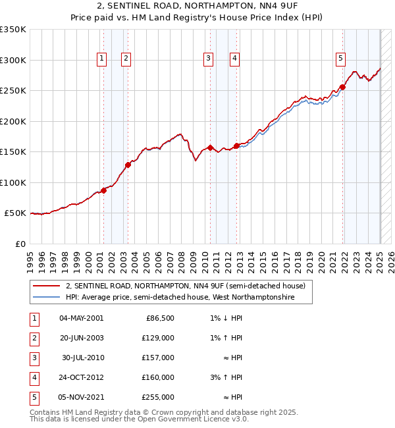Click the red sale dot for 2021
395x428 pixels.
tap(343, 87)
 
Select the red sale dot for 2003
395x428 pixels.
tap(128, 165)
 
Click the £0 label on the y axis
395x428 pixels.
tap(20, 244)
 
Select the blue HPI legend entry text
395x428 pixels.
tap(180, 298)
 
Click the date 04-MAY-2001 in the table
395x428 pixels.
tap(81, 318)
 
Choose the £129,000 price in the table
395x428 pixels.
tap(159, 338)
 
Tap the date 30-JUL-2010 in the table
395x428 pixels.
tap(83, 358)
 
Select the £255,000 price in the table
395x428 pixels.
tap(159, 397)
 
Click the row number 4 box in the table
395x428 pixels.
tap(34, 377)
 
